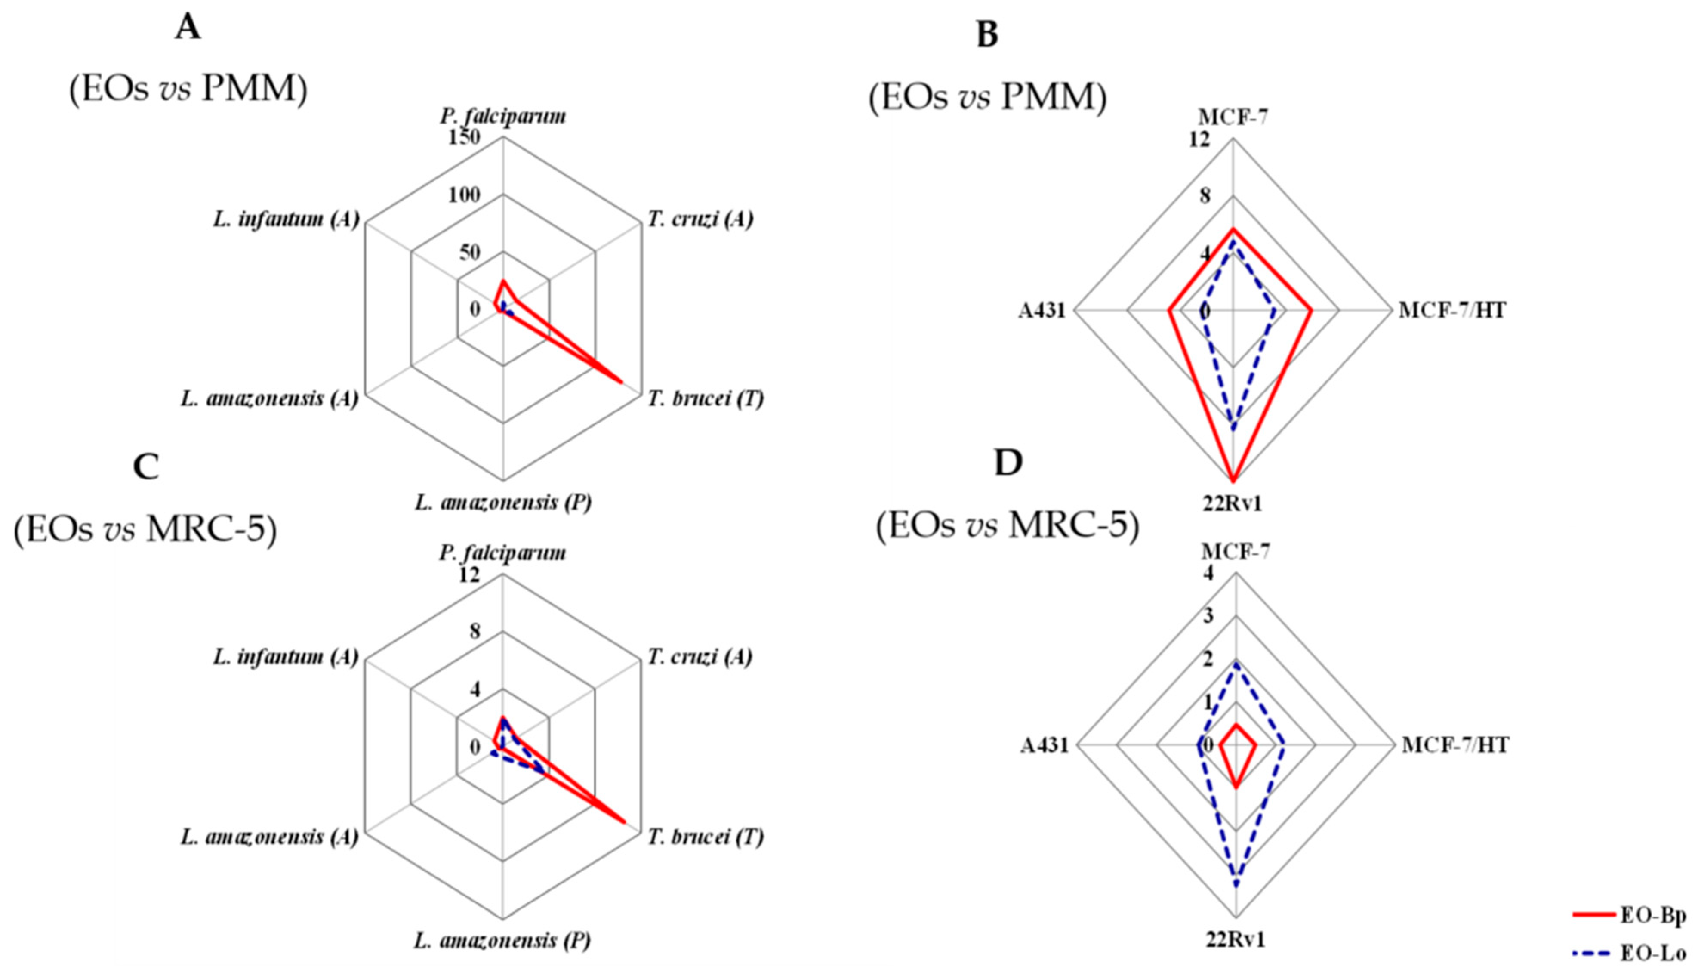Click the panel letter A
click(x=188, y=28)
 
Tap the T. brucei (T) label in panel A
click(x=706, y=399)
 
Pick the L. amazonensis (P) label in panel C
click(x=503, y=940)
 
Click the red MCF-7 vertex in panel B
click(x=1233, y=229)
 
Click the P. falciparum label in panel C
click(x=503, y=553)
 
